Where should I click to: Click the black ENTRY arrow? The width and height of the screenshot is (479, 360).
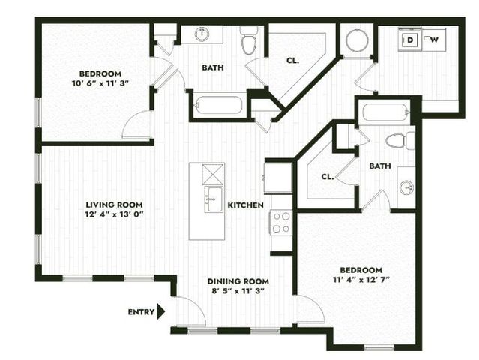coord(160,312)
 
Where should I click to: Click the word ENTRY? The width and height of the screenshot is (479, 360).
coord(140,312)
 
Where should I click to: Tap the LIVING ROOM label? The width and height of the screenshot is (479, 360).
coord(114,205)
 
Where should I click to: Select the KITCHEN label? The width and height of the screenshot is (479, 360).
coord(245,205)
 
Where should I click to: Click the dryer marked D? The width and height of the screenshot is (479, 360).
coord(410,40)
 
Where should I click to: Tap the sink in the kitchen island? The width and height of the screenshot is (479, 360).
coord(214,199)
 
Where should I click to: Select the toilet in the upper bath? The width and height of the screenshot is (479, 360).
coord(249,42)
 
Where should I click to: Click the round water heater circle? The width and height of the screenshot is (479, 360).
coord(357,40)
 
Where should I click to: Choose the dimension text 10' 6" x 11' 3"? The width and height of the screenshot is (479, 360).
coord(101,82)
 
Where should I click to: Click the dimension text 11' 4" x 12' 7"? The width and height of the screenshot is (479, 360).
coord(361,280)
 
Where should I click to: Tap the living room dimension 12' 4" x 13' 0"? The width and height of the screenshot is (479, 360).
coord(114,214)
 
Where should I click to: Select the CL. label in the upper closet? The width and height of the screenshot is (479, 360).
coord(292,61)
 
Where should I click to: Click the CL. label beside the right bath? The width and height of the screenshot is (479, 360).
coord(327,178)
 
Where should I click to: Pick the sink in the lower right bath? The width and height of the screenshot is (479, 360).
coord(406,187)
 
